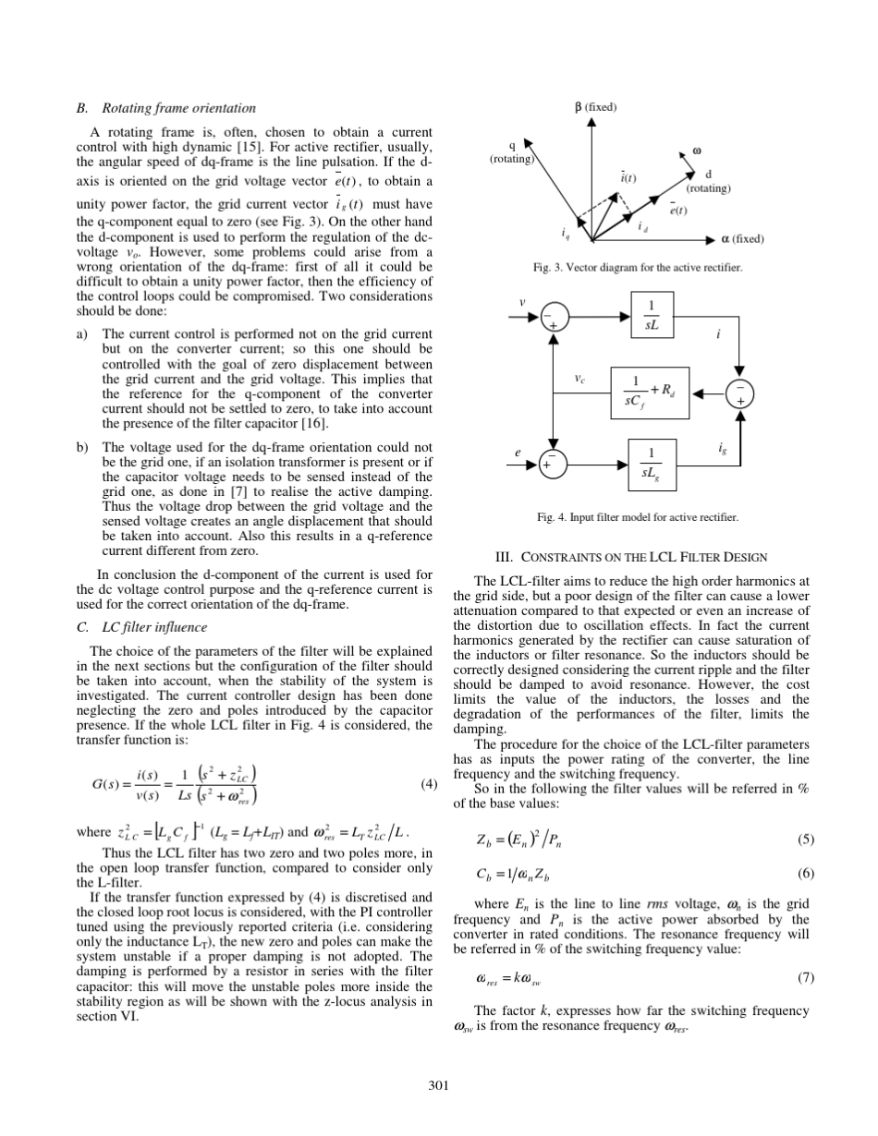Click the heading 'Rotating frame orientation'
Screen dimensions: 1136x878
[165, 108]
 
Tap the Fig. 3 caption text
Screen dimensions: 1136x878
[638, 268]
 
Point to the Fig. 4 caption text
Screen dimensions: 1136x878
[638, 516]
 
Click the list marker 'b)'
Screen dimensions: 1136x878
[83, 444]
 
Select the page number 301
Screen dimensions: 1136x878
[439, 1084]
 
